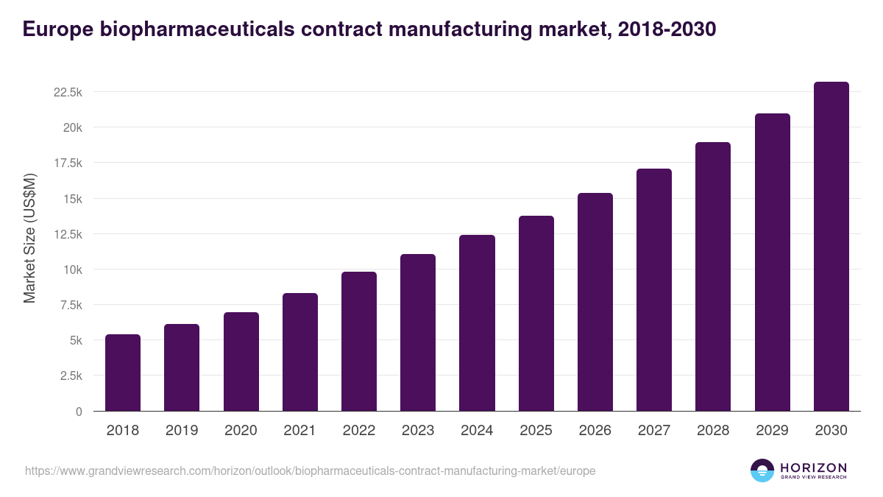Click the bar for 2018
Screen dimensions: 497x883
(123, 373)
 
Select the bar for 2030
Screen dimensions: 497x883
(831, 247)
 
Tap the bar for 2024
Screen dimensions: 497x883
(477, 323)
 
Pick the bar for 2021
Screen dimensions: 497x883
(300, 352)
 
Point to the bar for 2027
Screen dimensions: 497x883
(654, 290)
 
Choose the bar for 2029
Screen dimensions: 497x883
(772, 262)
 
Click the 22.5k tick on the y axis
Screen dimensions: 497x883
(67, 92)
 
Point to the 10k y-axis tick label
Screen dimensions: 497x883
(72, 269)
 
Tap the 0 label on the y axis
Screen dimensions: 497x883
(78, 412)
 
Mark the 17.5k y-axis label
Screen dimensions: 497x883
(67, 163)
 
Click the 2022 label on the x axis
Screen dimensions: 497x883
(358, 431)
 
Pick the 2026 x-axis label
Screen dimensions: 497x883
(595, 431)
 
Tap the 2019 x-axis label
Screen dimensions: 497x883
(182, 431)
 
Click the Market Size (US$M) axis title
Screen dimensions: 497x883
(29, 239)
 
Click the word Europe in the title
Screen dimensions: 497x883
(57, 29)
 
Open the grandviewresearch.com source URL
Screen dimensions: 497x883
(310, 470)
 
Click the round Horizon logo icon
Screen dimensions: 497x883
(762, 470)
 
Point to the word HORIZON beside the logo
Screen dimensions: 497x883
(813, 468)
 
